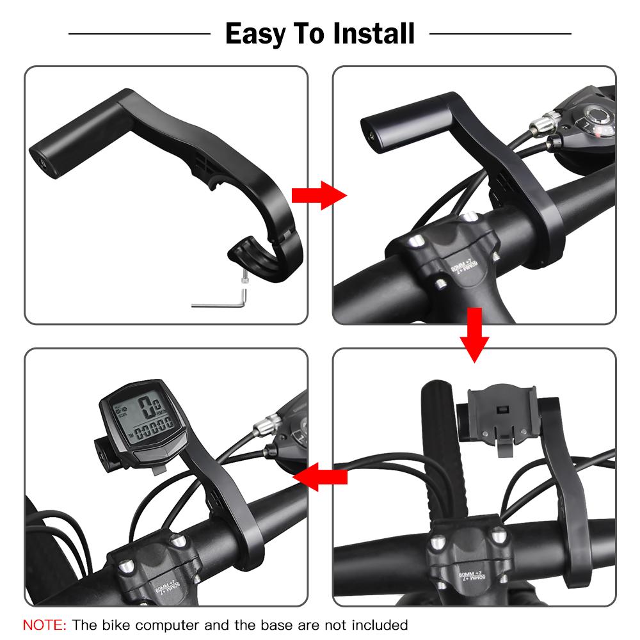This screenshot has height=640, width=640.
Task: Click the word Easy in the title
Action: (x=257, y=33)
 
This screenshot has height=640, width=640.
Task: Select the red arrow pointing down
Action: (x=474, y=335)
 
